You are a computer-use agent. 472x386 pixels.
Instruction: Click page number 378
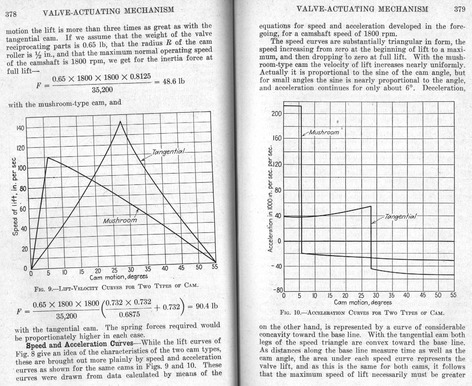pyautogui.click(x=11, y=14)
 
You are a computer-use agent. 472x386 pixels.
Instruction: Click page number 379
pyautogui.click(x=460, y=9)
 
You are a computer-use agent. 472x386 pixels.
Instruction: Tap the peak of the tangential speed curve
pyautogui.click(x=120, y=122)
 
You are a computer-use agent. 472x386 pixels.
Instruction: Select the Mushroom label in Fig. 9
pyautogui.click(x=120, y=220)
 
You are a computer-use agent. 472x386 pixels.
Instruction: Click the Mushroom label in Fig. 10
pyautogui.click(x=324, y=132)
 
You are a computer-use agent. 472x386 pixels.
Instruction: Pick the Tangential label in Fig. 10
pyautogui.click(x=400, y=216)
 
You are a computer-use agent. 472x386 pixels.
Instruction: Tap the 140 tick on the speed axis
pyautogui.click(x=21, y=128)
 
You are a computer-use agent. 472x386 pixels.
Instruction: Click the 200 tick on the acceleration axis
pyautogui.click(x=276, y=113)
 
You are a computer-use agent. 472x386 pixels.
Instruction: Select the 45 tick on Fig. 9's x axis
pyautogui.click(x=181, y=268)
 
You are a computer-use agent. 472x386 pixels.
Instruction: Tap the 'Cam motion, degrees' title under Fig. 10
pyautogui.click(x=363, y=302)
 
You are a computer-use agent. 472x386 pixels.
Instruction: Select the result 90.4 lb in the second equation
pyautogui.click(x=207, y=306)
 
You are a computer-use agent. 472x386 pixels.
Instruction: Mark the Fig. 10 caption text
pyautogui.click(x=362, y=313)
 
